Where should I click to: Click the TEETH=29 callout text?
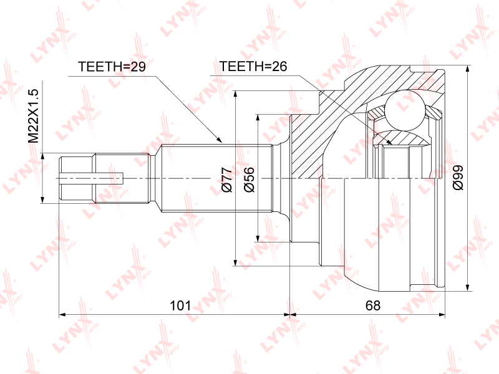[x=111, y=67]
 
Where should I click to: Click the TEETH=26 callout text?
[x=253, y=67]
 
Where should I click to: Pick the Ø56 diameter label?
[x=249, y=180]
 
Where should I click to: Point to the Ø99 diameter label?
[x=458, y=178]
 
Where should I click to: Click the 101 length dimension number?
[x=180, y=305]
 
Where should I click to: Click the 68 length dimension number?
[x=373, y=305]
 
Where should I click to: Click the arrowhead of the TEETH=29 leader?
[x=219, y=141]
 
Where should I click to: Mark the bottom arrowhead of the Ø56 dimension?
[x=257, y=237]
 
